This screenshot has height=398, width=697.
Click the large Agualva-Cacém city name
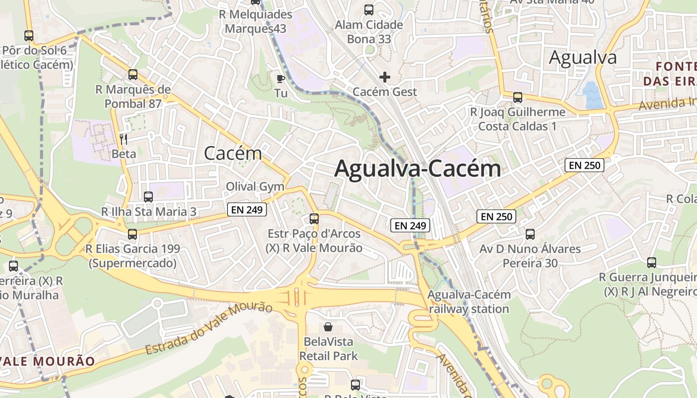[x=417, y=169]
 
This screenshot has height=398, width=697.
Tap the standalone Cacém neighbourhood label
[x=233, y=153]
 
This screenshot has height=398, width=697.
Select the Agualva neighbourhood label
[x=582, y=58]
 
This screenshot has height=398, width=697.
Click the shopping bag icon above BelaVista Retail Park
[x=328, y=327]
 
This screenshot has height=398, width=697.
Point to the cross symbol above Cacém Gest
[x=384, y=77]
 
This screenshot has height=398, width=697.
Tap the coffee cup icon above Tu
[x=281, y=78]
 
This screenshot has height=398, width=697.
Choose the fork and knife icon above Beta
[x=124, y=139]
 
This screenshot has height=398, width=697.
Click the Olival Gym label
[x=255, y=187]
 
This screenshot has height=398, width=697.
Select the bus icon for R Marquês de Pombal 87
[x=133, y=75]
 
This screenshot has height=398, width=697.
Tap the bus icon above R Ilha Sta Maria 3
[x=148, y=197]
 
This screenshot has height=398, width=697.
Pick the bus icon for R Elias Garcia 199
[x=132, y=234]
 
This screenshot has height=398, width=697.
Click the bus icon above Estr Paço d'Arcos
[x=314, y=218]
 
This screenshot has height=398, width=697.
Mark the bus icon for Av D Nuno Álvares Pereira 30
[x=530, y=234]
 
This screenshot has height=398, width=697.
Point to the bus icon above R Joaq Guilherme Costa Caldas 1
[x=518, y=97]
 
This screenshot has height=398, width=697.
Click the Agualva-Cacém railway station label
[x=468, y=301]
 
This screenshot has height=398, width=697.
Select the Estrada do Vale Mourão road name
[x=209, y=328]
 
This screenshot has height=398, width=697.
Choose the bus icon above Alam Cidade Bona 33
[x=369, y=9]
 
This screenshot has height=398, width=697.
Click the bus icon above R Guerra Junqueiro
[x=652, y=262]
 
